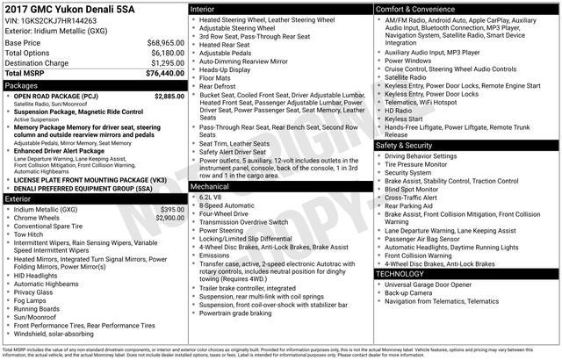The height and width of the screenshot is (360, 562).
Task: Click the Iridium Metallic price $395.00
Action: [172, 210]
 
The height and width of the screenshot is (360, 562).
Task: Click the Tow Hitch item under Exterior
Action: [29, 234]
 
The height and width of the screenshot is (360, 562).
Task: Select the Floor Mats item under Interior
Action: [217, 78]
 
